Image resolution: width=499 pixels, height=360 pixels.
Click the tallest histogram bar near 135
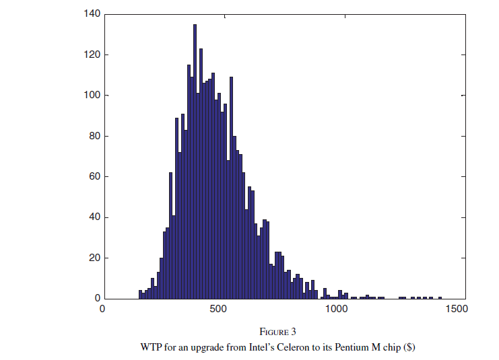(x=195, y=161)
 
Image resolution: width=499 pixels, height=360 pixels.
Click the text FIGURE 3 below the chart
(x=277, y=332)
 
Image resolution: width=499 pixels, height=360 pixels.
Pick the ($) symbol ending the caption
(x=408, y=347)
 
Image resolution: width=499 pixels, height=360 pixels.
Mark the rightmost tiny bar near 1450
(x=440, y=297)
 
